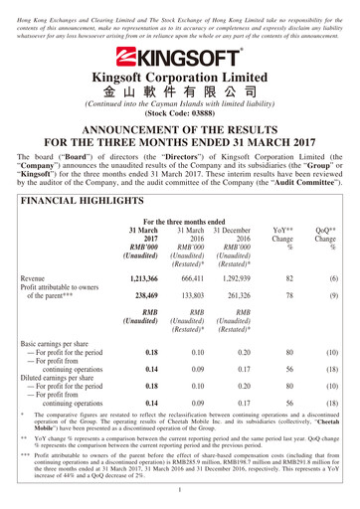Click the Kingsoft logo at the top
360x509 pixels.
pos(180,57)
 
